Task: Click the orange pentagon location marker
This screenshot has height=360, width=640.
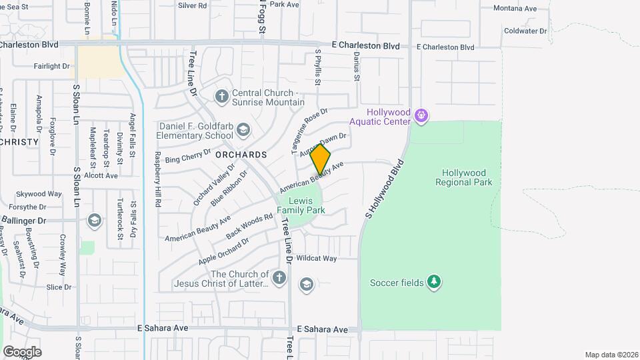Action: [x=321, y=160]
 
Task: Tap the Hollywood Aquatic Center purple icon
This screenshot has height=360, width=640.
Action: [x=421, y=116]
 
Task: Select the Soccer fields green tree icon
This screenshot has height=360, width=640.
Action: [x=434, y=282]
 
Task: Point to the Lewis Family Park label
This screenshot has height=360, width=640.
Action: [x=306, y=205]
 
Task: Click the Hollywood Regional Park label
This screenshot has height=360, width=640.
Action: [x=464, y=177]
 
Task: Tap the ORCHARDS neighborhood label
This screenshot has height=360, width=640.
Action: [x=241, y=155]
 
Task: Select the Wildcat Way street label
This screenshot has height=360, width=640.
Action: [x=317, y=258]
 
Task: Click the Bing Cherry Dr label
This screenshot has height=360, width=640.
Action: [x=183, y=159]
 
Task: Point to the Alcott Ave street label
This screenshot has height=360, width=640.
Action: [x=101, y=175]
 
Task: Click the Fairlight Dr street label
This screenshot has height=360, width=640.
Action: [x=52, y=66]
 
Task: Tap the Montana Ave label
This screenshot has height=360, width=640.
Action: [x=515, y=9]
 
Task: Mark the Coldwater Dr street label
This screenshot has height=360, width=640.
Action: [x=525, y=31]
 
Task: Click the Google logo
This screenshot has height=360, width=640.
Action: [x=22, y=351]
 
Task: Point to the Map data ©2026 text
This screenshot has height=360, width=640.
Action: [x=611, y=355]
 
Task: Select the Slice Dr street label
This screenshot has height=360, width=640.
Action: [x=59, y=287]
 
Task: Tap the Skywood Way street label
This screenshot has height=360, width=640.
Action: [x=39, y=194]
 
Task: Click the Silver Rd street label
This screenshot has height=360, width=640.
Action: [x=193, y=5]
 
